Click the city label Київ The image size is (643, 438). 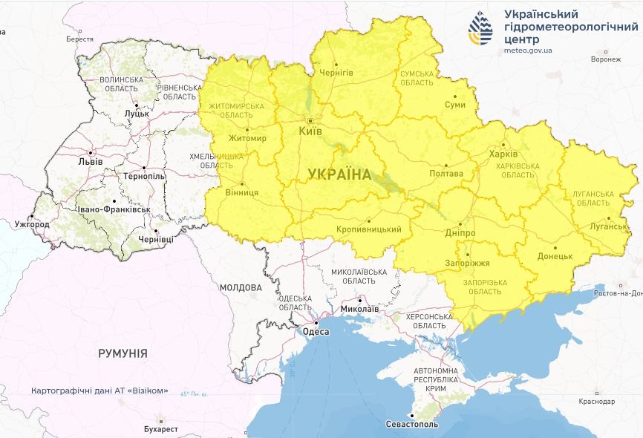310,131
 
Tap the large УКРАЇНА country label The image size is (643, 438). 339,174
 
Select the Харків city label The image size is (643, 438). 499,154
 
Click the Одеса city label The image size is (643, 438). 316,332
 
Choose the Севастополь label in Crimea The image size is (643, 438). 412,425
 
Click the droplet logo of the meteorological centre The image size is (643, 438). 480,29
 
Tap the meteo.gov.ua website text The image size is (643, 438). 528,50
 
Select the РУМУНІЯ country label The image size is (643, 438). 123,354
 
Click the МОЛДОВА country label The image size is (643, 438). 241,287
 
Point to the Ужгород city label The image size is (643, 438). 32,224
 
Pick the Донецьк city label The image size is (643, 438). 555,256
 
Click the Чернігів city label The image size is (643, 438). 336,72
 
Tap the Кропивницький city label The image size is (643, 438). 368,229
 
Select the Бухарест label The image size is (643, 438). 161,429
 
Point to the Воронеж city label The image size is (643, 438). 605,59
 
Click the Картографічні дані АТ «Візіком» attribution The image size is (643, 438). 99,391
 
